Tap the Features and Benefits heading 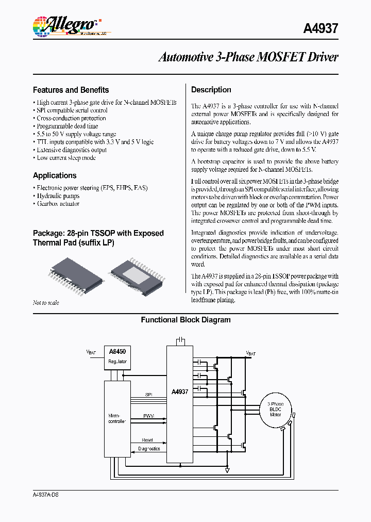[71, 90]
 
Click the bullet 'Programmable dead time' [67, 126]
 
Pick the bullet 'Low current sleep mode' [66, 158]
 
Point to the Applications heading [55, 175]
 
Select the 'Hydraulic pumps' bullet [58, 196]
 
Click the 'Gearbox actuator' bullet [58, 204]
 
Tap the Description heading [211, 90]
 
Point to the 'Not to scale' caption [46, 303]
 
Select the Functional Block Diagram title [185, 320]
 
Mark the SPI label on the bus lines [148, 394]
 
